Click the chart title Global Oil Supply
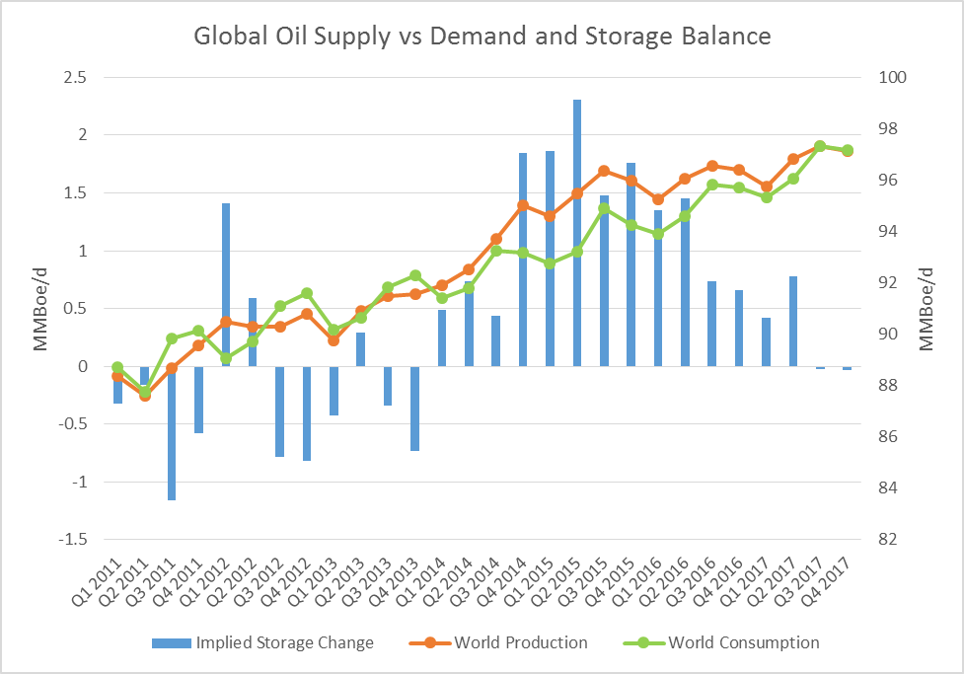(x=482, y=37)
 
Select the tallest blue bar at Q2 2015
(x=577, y=232)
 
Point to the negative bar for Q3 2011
(x=172, y=433)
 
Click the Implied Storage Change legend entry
(x=262, y=642)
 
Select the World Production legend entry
(x=498, y=642)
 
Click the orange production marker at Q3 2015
(x=604, y=171)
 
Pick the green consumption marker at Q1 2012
(x=226, y=358)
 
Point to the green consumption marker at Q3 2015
(x=604, y=208)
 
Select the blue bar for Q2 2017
(x=793, y=321)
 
